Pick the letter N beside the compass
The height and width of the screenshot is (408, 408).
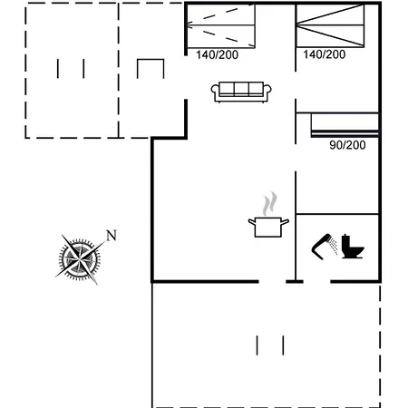[112, 236]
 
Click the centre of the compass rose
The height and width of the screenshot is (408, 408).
[79, 257]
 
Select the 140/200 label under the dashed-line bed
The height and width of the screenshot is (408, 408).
[218, 54]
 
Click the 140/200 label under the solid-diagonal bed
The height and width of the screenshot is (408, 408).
[324, 54]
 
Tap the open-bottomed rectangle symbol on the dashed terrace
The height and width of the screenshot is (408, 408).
[151, 70]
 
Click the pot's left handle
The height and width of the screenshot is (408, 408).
[250, 220]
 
